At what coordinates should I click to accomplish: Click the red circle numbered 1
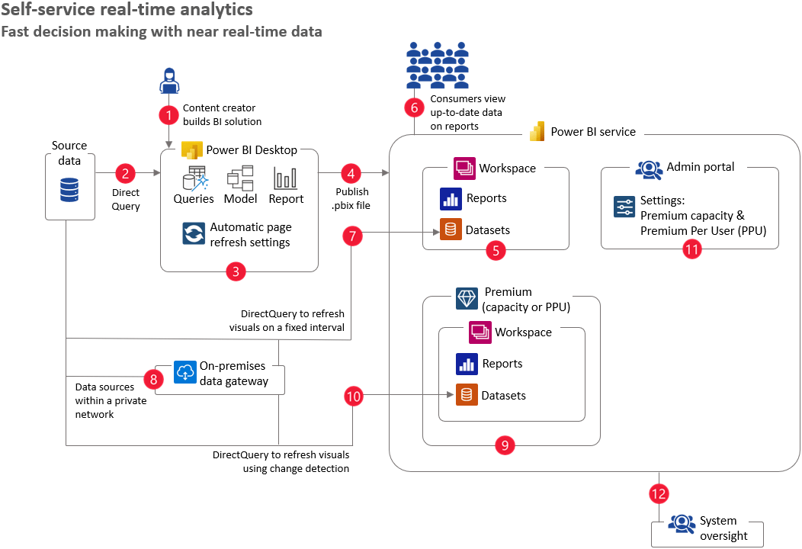click(168, 114)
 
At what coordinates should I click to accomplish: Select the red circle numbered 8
click(154, 379)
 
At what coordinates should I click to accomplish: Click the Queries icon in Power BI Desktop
click(194, 178)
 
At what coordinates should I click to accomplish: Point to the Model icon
click(240, 178)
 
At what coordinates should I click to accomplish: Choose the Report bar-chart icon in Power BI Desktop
click(286, 179)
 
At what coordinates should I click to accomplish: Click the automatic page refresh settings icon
click(194, 233)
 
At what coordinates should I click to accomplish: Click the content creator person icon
click(168, 79)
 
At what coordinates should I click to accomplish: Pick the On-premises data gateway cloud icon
click(184, 372)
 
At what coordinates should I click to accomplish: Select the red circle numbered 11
click(691, 249)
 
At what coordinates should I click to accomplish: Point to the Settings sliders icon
click(624, 207)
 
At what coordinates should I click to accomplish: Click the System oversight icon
click(681, 523)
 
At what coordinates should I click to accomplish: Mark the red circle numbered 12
click(659, 493)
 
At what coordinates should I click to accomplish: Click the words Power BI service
click(593, 131)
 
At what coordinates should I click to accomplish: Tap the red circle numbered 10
click(353, 396)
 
